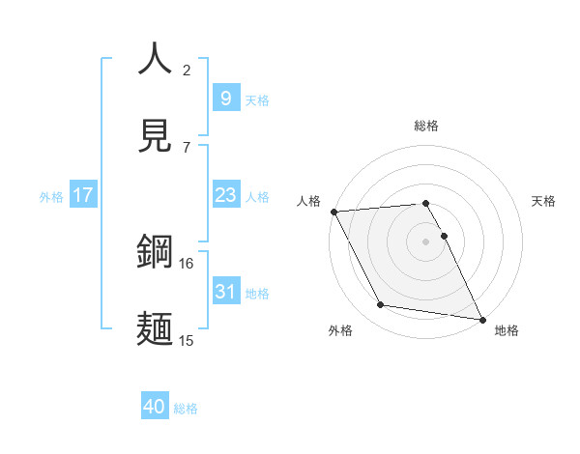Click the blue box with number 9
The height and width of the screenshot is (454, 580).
225,98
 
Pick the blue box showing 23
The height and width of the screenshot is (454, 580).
225,195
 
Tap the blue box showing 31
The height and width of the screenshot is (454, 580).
225,292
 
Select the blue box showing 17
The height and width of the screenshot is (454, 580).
83,195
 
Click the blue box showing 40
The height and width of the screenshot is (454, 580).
155,407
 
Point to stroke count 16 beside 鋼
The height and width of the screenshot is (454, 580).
187,263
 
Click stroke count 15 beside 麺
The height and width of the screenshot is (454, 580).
187,340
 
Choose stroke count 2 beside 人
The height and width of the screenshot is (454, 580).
187,70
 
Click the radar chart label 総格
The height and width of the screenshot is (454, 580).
426,126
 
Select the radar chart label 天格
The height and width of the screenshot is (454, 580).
544,201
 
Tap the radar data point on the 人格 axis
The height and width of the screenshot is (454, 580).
333,212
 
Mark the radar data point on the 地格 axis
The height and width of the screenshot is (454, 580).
481,318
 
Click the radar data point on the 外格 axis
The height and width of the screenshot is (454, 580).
381,305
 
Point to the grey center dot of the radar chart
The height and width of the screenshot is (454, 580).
426,241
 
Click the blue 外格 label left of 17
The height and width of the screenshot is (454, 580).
51,196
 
